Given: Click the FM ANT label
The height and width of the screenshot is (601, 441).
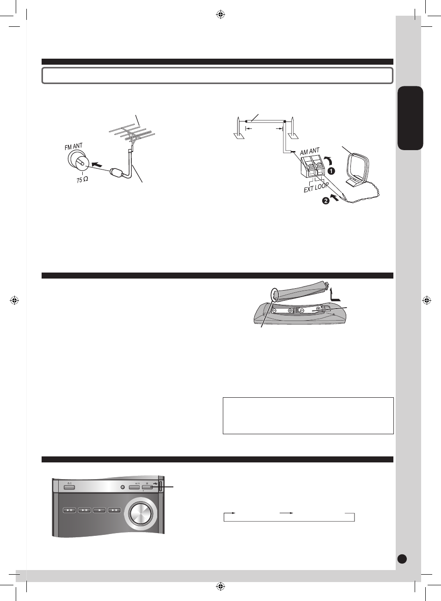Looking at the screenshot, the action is coord(73,146).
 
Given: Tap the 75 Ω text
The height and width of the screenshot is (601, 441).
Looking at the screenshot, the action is coord(82,180).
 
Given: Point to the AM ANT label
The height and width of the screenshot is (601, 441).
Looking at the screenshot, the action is coord(310,152).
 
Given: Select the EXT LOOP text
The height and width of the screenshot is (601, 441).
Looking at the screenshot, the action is coord(316,188).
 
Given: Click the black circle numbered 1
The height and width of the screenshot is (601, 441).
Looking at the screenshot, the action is coord(331,171).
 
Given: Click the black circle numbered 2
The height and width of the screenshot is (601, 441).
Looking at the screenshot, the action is coord(325,200).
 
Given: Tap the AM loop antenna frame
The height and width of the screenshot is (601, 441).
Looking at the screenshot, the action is coord(359,169).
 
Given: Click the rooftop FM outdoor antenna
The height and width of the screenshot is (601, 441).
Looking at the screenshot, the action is coord(133,134).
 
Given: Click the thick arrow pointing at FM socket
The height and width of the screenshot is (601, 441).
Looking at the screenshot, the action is coord(97,164).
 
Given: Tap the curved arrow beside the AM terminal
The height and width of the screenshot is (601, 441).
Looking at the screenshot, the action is coord(328,160).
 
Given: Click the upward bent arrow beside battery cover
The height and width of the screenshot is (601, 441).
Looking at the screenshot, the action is coord(335,295).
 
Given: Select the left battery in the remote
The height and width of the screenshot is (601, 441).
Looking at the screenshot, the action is coord(282,311).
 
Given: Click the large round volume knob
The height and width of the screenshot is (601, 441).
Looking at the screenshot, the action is coord(141,513).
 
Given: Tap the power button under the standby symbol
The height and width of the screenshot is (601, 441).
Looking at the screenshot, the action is coord(69,487).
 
